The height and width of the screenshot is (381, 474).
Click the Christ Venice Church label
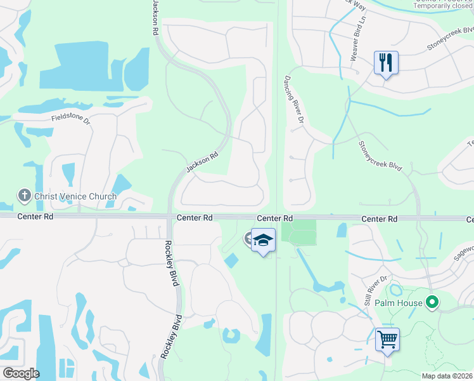coord(75,196)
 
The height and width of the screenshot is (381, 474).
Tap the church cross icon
coord(24,196)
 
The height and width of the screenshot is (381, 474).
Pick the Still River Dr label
coord(375,289)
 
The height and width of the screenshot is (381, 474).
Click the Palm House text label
coord(397,303)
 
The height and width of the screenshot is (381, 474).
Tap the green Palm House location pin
coord(433,302)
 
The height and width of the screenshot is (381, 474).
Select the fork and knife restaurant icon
coord(386,63)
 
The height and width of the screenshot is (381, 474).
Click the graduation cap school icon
coord(263,241)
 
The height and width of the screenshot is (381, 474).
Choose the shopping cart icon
coord(387,338)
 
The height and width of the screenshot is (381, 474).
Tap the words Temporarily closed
coord(443,6)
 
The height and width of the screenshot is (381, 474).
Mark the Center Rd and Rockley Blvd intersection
coord(169,218)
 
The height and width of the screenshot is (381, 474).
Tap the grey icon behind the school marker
coord(248,237)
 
